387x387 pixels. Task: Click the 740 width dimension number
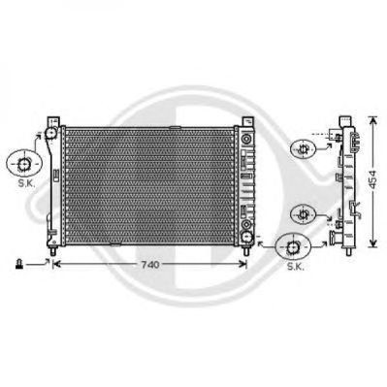pos(150,265)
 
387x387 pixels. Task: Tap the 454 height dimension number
pos(373,180)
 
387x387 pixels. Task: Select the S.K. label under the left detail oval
pos(26,183)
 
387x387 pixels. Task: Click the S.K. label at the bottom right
pos(295,267)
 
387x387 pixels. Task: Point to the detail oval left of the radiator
pos(24,164)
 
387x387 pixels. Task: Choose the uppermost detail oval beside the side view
pos(303,149)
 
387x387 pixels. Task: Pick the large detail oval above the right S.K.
pos(293,247)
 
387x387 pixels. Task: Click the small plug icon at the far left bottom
pos(18,265)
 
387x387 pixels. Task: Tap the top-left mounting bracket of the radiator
pos(53,122)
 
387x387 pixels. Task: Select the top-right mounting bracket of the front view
pos(248,122)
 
